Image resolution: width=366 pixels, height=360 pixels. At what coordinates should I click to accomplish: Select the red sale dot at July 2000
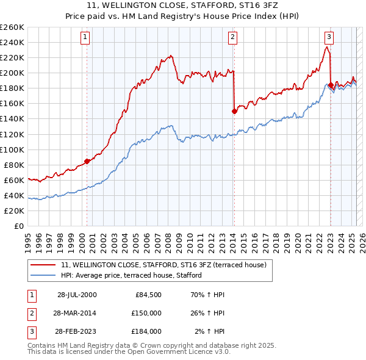(87, 161)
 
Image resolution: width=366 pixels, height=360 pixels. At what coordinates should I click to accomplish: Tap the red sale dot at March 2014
(234, 111)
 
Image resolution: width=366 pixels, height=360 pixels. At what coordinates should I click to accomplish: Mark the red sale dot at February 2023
(331, 85)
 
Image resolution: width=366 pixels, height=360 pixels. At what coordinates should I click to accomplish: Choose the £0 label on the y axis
(19, 226)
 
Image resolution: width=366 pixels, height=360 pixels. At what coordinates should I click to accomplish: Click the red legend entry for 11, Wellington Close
(163, 265)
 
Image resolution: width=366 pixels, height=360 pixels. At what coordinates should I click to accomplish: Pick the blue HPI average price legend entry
(131, 276)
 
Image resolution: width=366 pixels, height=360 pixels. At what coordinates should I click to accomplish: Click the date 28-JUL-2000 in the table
(77, 295)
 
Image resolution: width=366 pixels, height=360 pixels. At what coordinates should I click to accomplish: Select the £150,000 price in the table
(146, 313)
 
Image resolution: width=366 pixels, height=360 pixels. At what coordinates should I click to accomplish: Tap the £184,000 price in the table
(146, 331)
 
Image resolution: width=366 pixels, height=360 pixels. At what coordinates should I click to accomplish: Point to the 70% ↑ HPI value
(207, 295)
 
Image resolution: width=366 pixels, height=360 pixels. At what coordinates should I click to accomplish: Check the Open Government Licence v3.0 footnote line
(129, 352)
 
